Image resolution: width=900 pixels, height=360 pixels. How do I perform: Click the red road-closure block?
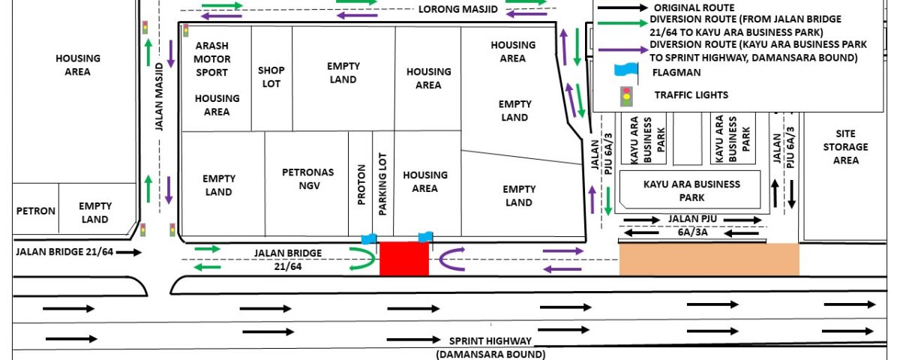tap(404, 259)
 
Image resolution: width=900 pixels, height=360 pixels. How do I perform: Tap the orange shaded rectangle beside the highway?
tap(709, 259)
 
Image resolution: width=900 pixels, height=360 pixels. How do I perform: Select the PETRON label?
tap(36, 211)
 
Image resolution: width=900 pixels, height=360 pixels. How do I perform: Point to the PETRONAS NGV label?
tap(308, 178)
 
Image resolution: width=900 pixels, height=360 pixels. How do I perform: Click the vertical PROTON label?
tap(361, 184)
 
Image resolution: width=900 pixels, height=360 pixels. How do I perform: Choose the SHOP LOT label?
tap(271, 76)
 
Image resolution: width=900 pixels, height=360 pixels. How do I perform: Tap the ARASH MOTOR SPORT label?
tap(212, 59)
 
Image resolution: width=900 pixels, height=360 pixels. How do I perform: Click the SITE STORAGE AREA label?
tap(846, 147)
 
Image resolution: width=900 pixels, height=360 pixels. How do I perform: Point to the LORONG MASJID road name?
tap(458, 9)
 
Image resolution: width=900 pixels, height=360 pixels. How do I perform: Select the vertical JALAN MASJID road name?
tap(160, 97)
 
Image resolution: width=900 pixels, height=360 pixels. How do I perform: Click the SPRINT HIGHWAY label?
tap(490, 340)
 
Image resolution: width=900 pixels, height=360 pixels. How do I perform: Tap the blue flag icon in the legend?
tap(626, 71)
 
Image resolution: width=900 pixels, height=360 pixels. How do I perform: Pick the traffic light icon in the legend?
tap(626, 97)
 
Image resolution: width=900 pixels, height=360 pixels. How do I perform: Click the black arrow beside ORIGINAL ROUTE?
tap(622, 7)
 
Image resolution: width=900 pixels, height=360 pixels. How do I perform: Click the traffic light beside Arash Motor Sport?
tap(186, 31)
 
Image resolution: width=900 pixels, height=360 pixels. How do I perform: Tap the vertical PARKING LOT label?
tap(382, 184)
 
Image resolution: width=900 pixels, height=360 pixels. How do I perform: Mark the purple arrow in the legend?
tap(622, 49)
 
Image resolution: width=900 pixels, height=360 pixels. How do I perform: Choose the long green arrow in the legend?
tap(622, 23)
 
